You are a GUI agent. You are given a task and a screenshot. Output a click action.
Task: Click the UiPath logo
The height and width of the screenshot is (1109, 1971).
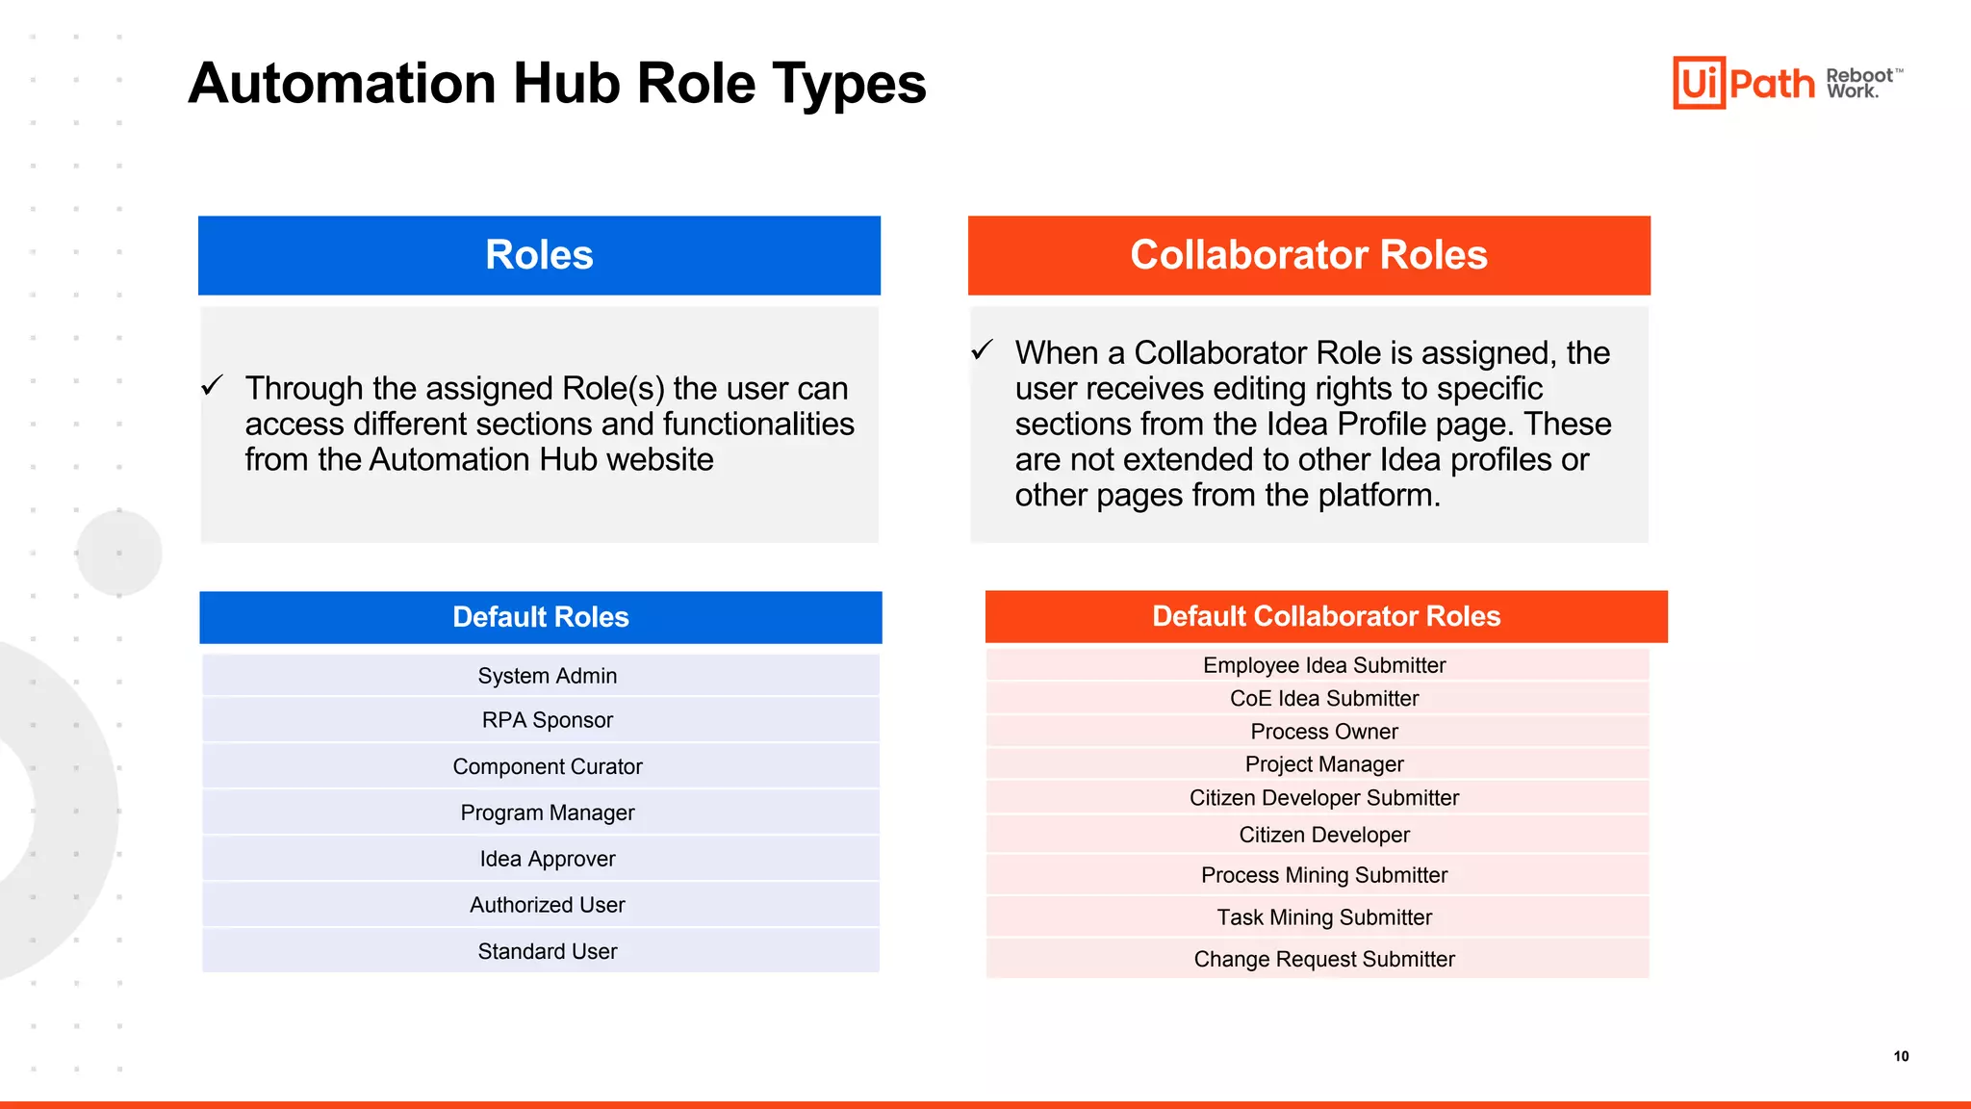(1743, 83)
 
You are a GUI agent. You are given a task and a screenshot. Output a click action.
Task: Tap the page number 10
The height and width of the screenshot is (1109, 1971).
(1901, 1056)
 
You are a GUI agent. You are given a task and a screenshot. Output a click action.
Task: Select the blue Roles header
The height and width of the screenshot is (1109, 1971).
(539, 255)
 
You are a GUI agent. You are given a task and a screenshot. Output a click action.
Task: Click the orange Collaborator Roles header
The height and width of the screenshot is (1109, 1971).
(1309, 255)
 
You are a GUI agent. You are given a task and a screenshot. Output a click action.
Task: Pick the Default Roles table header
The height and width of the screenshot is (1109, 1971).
(541, 617)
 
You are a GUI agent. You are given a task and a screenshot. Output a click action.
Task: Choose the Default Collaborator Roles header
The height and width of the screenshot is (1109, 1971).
(1326, 616)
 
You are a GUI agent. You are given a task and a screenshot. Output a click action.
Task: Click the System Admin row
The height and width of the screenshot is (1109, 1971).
(547, 676)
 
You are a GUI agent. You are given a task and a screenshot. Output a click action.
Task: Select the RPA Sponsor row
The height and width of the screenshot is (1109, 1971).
(547, 720)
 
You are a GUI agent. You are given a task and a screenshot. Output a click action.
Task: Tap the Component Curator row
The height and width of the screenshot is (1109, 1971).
(547, 766)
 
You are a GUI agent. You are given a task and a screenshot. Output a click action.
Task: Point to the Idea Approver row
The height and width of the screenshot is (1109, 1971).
(547, 859)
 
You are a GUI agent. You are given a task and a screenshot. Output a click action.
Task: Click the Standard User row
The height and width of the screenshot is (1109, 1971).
(547, 951)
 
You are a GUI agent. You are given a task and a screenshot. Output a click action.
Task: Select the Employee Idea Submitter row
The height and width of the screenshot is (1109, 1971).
(1324, 665)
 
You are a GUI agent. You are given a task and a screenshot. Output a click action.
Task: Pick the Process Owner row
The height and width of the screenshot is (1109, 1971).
(1324, 732)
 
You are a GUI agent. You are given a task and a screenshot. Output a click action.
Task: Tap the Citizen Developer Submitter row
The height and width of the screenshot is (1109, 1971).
(1324, 798)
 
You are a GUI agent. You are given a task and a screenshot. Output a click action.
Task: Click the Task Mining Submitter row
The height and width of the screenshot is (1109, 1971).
(1324, 917)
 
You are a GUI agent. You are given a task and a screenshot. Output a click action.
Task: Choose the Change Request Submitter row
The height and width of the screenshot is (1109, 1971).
(1324, 959)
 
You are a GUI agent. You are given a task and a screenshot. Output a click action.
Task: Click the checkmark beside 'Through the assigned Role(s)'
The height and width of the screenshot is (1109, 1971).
(213, 386)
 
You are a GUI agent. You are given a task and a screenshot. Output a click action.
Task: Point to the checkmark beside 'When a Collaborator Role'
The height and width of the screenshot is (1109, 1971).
(982, 349)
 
